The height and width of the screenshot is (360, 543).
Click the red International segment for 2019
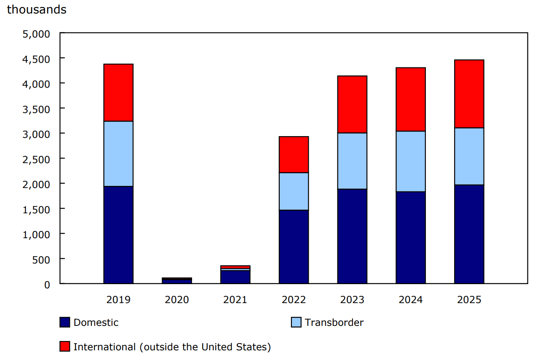[x=118, y=93]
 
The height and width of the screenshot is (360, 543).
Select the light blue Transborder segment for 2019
[x=118, y=154]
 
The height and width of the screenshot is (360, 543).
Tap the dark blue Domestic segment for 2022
[x=294, y=247]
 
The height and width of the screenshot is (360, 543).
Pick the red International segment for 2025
[x=469, y=94]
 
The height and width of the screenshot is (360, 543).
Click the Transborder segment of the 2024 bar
[x=410, y=161]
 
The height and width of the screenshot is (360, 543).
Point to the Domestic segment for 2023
[x=352, y=236]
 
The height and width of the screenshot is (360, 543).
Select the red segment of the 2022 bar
[x=294, y=155]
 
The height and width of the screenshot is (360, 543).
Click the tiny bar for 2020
[x=177, y=281]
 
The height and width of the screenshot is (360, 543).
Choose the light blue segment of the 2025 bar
[x=469, y=156]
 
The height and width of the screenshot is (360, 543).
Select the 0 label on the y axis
[x=47, y=284]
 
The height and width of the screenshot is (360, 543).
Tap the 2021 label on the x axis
[x=235, y=300]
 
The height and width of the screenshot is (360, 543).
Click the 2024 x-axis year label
[x=410, y=300]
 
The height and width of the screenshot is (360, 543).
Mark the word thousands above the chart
[x=37, y=10]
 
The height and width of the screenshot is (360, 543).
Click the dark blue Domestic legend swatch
[x=65, y=322]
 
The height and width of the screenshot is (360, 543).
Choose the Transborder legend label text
[x=334, y=322]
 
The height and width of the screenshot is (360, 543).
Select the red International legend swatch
[x=65, y=347]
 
